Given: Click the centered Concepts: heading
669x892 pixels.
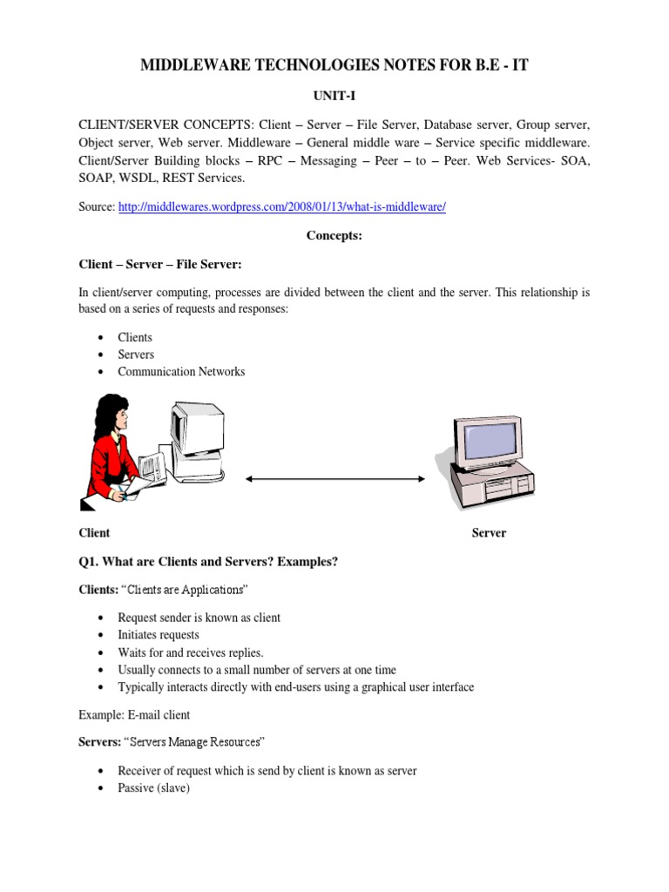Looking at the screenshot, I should coord(334,236).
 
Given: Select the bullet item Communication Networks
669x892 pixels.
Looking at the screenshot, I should coord(181,372).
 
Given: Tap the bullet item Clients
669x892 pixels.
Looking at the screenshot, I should coord(135,337).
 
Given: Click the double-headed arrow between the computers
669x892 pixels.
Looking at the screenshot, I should coord(334,478).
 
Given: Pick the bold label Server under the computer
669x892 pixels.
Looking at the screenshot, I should coord(489,533).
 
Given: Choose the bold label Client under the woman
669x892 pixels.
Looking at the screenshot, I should coord(94,533).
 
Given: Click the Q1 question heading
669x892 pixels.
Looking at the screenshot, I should coord(208,562).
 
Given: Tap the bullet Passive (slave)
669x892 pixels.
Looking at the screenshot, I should coord(153,788).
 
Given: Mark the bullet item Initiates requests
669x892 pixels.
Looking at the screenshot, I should coord(159,635).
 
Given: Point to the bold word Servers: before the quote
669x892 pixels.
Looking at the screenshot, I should coord(98,743).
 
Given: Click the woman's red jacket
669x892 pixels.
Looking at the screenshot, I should coord(103,462).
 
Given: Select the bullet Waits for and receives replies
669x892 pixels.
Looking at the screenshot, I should coord(190,652).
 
